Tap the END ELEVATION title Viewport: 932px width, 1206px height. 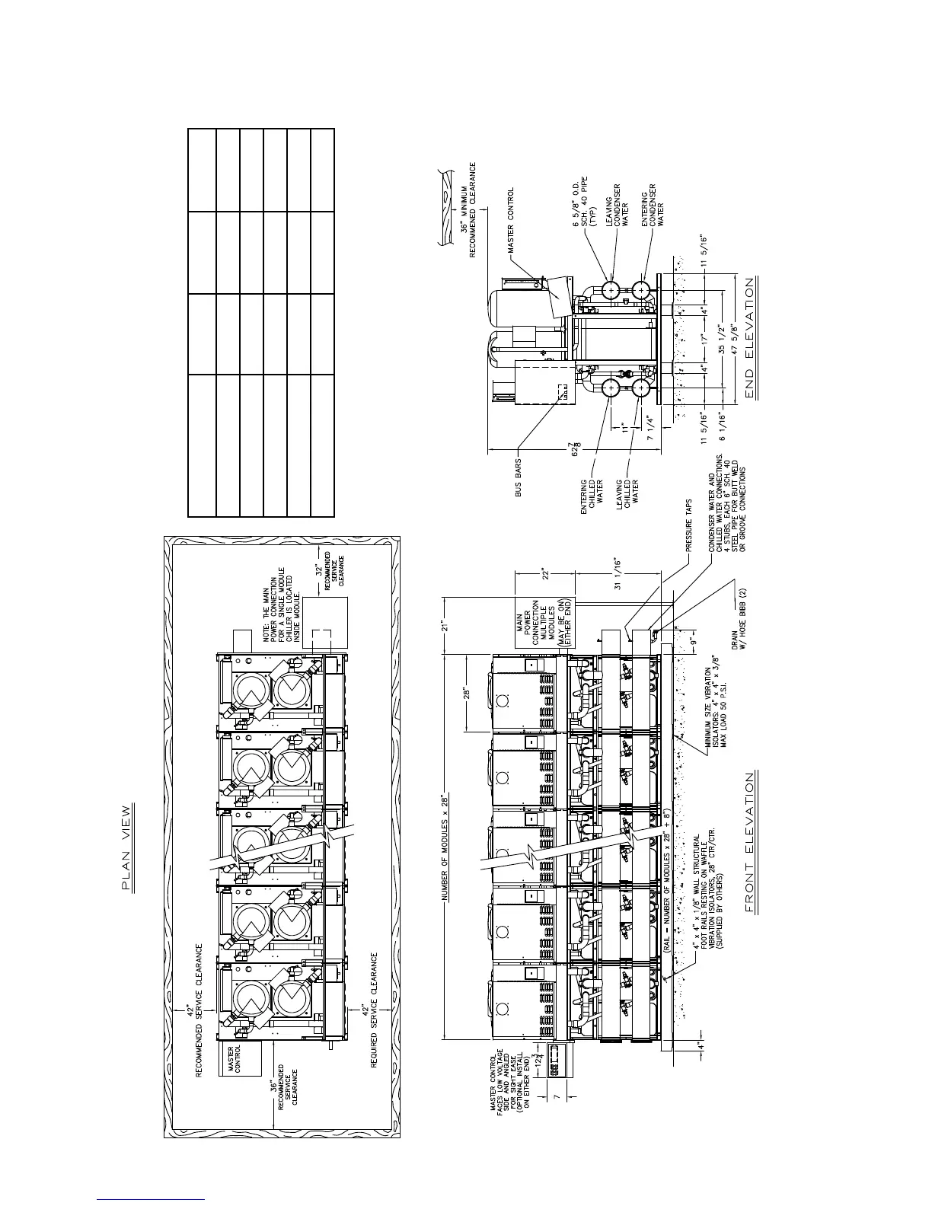tap(749, 338)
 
